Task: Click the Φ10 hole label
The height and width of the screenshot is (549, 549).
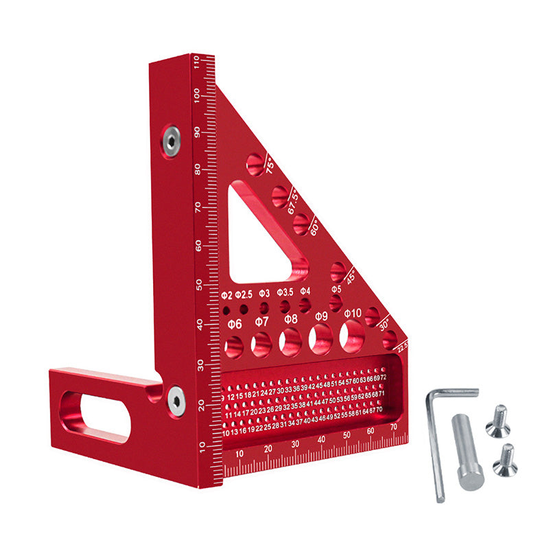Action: pyautogui.click(x=353, y=314)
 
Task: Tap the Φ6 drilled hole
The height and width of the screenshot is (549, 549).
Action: pyautogui.click(x=234, y=347)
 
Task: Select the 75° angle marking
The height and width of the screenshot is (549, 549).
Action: pyautogui.click(x=270, y=165)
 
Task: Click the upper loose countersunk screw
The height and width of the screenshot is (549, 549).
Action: pyautogui.click(x=498, y=421)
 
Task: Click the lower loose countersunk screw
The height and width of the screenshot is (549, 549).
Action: pyautogui.click(x=504, y=460)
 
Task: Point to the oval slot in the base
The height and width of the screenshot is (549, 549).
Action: pyautogui.click(x=97, y=415)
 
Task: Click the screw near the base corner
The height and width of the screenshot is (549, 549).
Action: pyautogui.click(x=176, y=399)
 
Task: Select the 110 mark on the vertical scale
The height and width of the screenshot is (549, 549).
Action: pyautogui.click(x=197, y=64)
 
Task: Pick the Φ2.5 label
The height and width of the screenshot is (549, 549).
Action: pyautogui.click(x=244, y=294)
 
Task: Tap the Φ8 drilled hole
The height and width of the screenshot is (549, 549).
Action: pyautogui.click(x=290, y=341)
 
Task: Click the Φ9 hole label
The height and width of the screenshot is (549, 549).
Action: pyautogui.click(x=321, y=316)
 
